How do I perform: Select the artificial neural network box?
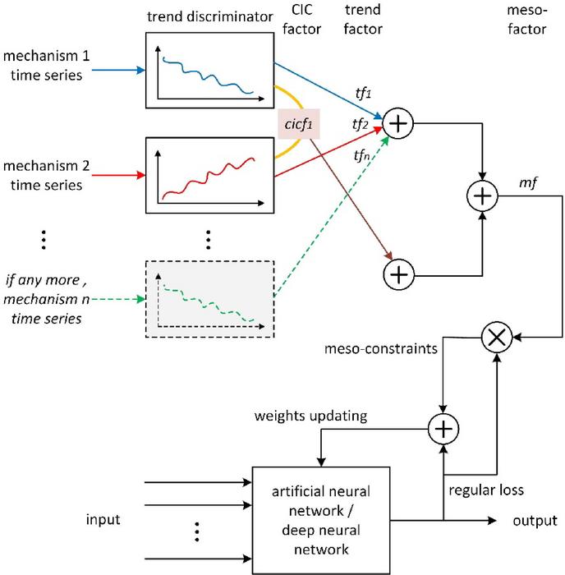[x=322, y=519]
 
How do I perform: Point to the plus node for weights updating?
[x=443, y=429]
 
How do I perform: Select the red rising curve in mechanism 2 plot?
[x=209, y=182]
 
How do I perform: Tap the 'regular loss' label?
[x=487, y=490]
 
